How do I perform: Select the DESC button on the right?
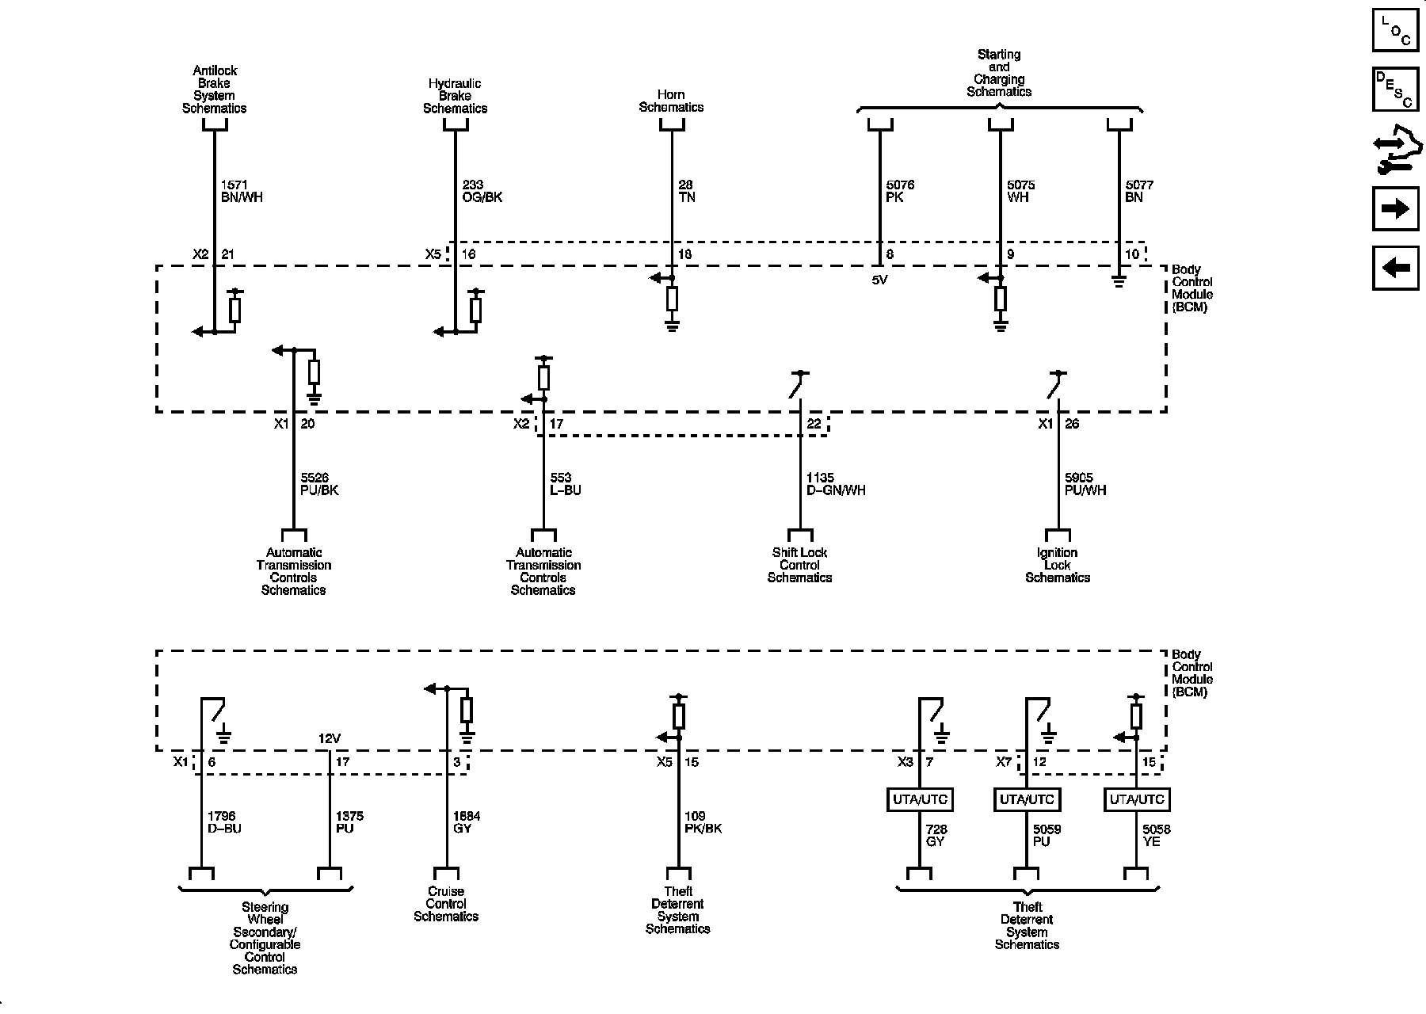pos(1394,90)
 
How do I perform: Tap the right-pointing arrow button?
pos(1394,208)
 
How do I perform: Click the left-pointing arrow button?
pos(1394,268)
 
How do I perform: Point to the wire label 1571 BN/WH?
pos(241,191)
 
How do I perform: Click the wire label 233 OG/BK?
pos(482,191)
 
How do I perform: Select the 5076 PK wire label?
pos(899,191)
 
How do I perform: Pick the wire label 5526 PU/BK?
pos(319,484)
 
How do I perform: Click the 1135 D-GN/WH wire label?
pos(835,484)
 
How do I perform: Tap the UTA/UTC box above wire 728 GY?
pos(920,799)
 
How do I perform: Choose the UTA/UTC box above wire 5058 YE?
pos(1137,799)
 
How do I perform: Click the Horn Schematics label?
pos(671,101)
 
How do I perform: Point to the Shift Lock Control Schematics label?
pos(799,565)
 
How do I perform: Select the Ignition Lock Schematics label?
pos(1057,565)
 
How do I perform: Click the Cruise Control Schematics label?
pos(446,904)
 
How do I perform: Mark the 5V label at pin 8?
pos(879,280)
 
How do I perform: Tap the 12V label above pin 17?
pos(329,738)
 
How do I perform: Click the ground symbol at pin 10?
pos(1119,281)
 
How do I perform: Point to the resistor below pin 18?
pos(672,299)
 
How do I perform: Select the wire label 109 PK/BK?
pos(703,822)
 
